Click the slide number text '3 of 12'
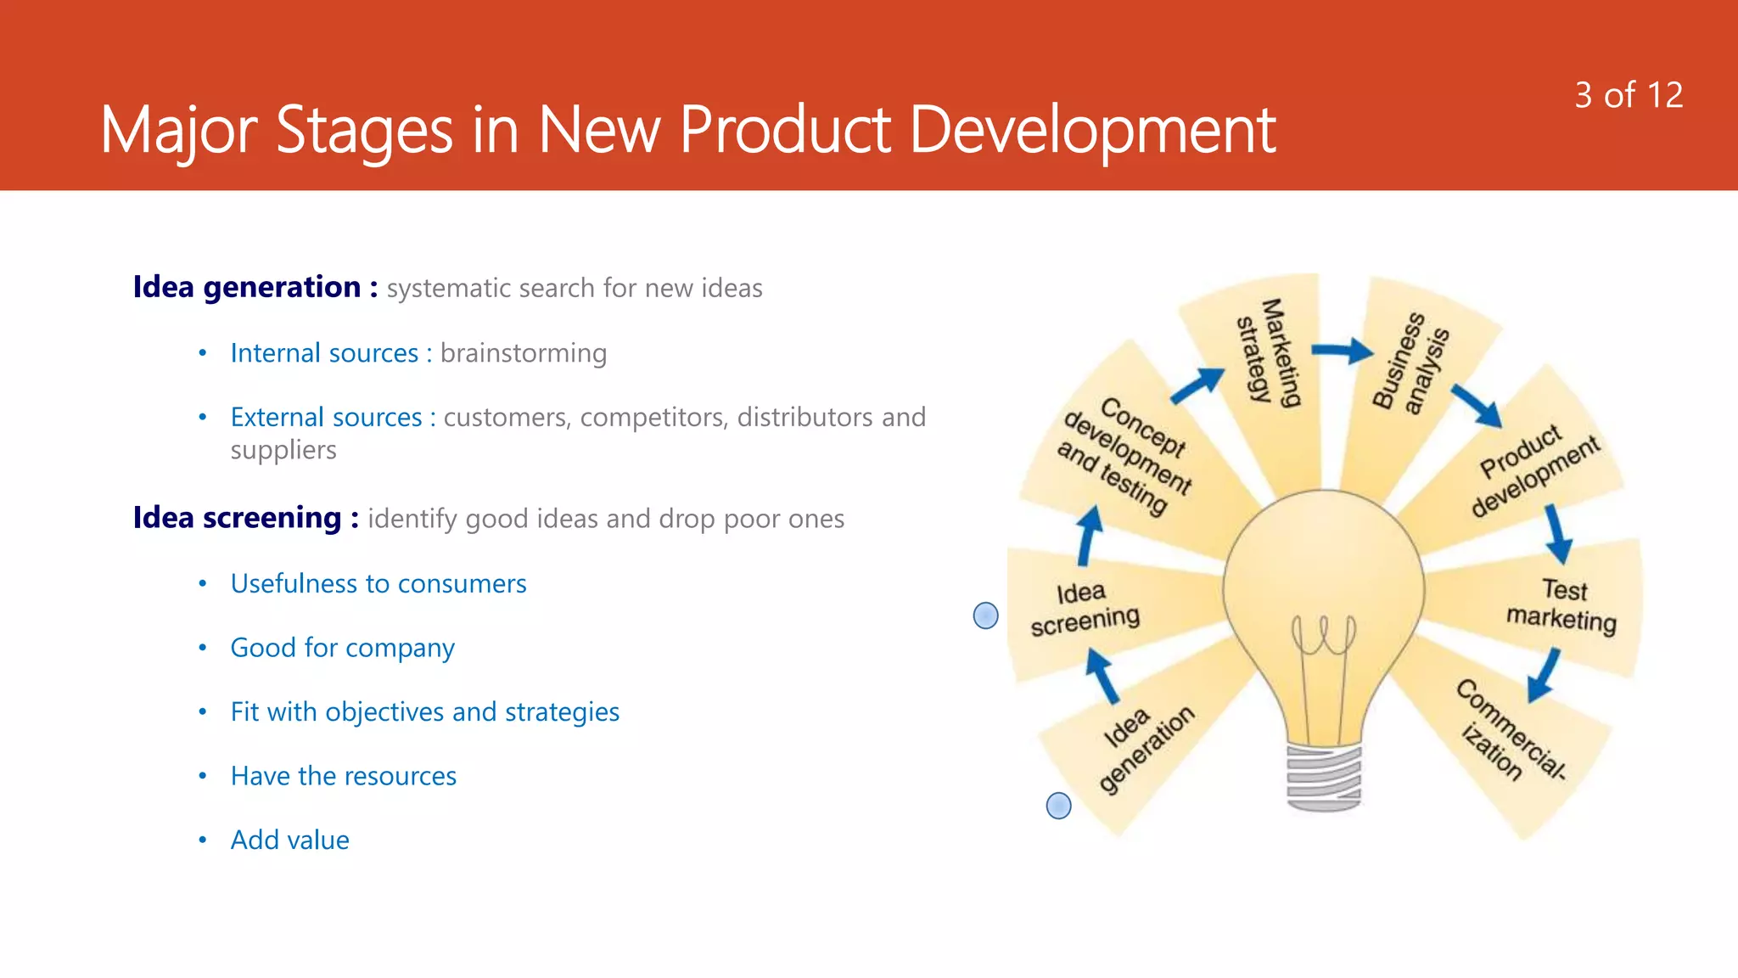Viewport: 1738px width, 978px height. pyautogui.click(x=1628, y=95)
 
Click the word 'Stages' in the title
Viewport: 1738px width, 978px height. pyautogui.click(x=364, y=132)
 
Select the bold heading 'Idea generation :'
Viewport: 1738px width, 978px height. pyautogui.click(x=255, y=288)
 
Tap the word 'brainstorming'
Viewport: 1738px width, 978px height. pyautogui.click(x=523, y=353)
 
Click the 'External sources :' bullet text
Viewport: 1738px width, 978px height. pyautogui.click(x=333, y=418)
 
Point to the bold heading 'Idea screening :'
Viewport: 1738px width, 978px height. pyautogui.click(x=245, y=518)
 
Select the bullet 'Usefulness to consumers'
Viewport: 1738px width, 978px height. pyautogui.click(x=378, y=584)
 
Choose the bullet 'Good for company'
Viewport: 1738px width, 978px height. pyautogui.click(x=342, y=648)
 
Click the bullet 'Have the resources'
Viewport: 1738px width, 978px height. pyautogui.click(x=343, y=776)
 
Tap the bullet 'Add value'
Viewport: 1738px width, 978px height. pyautogui.click(x=289, y=840)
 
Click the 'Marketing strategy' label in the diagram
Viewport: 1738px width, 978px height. pyautogui.click(x=1269, y=351)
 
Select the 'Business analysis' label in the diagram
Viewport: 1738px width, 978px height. pyautogui.click(x=1410, y=363)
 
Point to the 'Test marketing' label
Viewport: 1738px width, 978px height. pyautogui.click(x=1561, y=604)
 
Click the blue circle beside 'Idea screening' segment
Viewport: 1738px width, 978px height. pyautogui.click(x=985, y=615)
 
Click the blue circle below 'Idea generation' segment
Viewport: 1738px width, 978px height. pyautogui.click(x=1058, y=806)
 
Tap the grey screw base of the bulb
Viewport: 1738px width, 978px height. pyautogui.click(x=1324, y=776)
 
